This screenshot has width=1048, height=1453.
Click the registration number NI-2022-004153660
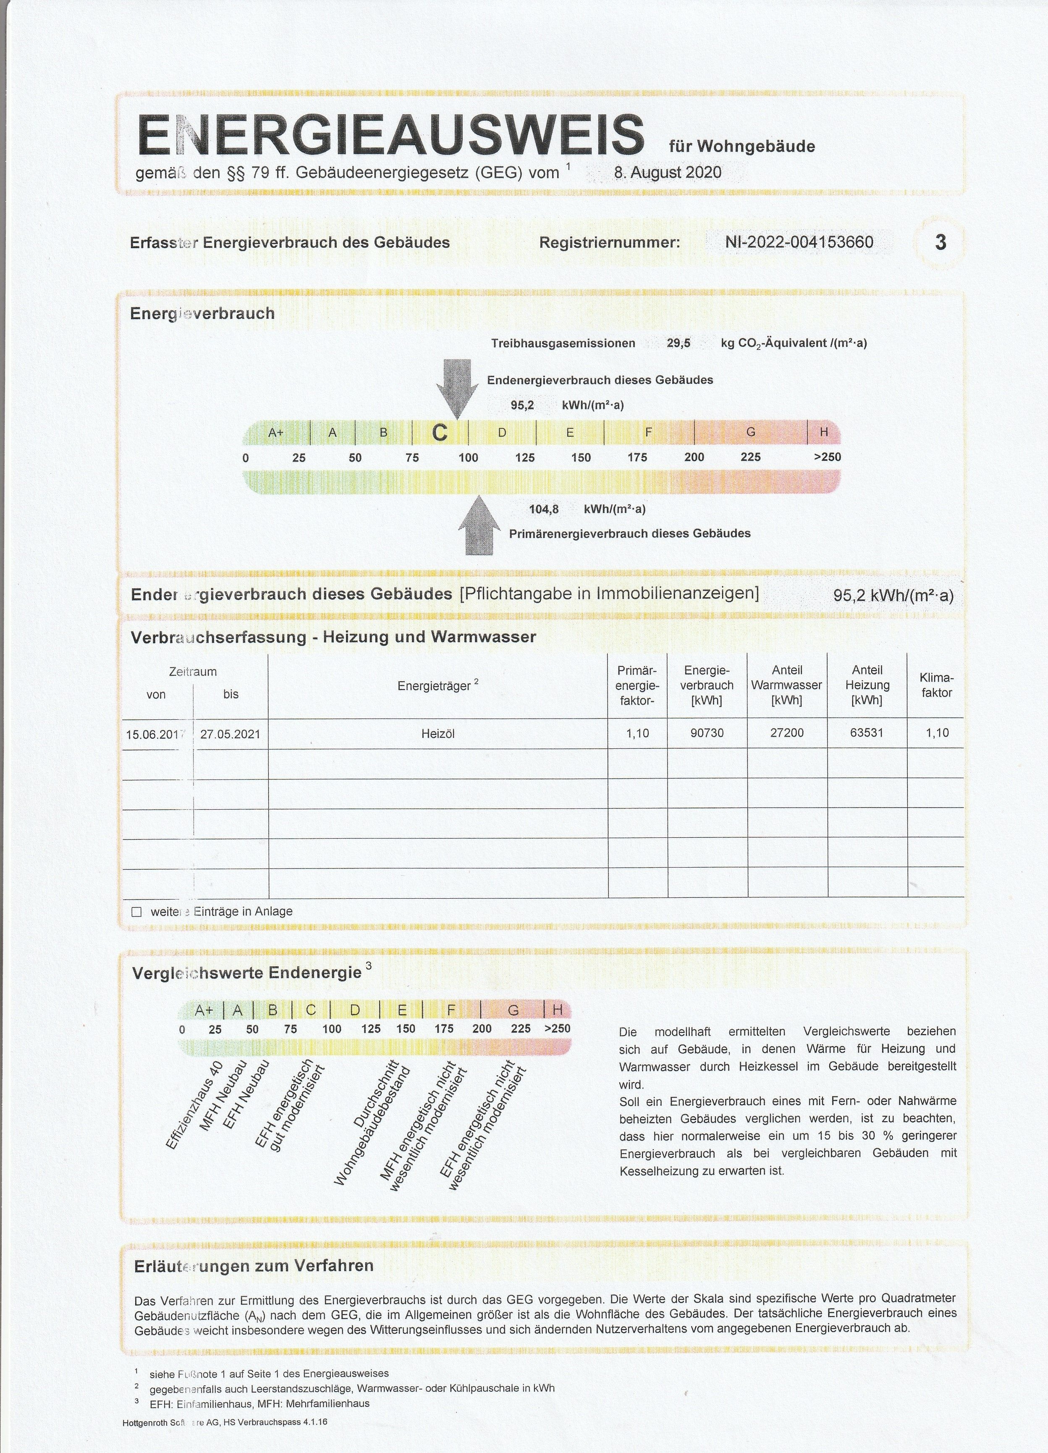pyautogui.click(x=799, y=242)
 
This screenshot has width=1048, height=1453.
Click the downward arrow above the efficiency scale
pyautogui.click(x=457, y=388)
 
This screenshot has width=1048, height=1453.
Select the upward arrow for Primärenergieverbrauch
pyautogui.click(x=479, y=525)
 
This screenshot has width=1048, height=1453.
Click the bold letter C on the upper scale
pyautogui.click(x=440, y=433)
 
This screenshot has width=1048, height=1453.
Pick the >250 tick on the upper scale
pyautogui.click(x=827, y=457)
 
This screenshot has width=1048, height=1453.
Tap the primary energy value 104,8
pyautogui.click(x=544, y=509)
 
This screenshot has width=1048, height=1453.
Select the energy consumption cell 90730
pyautogui.click(x=707, y=733)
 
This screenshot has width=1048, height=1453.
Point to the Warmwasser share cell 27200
pyautogui.click(x=787, y=733)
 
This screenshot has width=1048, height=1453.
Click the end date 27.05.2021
pyautogui.click(x=231, y=734)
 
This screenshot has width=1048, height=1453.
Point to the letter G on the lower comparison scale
pyautogui.click(x=513, y=1010)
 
